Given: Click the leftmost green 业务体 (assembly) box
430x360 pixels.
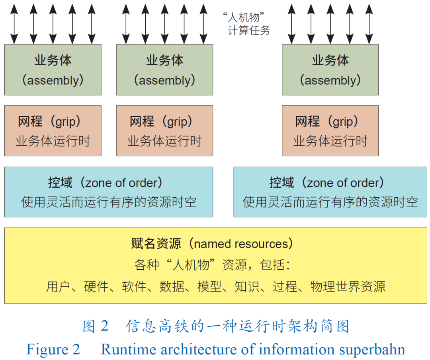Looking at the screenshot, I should pos(53,70).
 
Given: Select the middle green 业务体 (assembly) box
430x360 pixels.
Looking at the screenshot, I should pos(164,70).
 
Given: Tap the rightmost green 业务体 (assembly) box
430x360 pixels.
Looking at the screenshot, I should pos(330,70).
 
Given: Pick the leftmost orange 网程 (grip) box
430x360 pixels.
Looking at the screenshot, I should pos(53,130).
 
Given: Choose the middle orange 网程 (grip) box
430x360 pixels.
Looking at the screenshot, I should pos(164,130).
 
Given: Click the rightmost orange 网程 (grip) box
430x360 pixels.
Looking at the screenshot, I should pos(330,130).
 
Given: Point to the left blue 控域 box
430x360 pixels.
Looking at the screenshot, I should pos(108,192).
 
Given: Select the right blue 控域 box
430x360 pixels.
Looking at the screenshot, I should pos(330,192).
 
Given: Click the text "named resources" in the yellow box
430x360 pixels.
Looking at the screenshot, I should pos(241,243).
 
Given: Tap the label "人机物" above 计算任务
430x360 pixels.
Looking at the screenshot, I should pos(244,18).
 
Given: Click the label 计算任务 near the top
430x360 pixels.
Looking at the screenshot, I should pos(249,30).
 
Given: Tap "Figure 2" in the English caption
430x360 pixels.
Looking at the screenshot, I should pos(53,349).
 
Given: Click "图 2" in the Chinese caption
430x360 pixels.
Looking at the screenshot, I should pos(96,326).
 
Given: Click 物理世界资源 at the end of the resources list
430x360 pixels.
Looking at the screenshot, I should pos(348,286).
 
